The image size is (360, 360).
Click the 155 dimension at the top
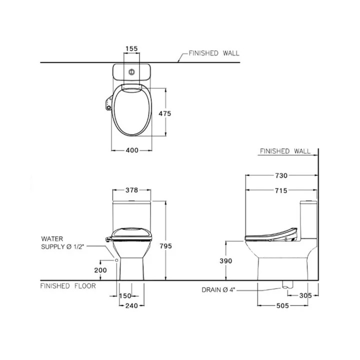coord(131,48)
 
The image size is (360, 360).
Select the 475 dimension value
coord(165,113)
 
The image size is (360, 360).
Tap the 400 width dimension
coord(132,150)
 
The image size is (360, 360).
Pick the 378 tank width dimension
coord(132,190)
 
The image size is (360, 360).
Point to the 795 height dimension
coord(166,246)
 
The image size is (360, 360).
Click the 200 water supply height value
coord(100,270)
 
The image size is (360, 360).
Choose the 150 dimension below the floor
coord(125,295)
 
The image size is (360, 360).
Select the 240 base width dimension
coord(132,305)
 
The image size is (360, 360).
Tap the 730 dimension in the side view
coord(281,175)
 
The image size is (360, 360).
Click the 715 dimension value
coord(281,190)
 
